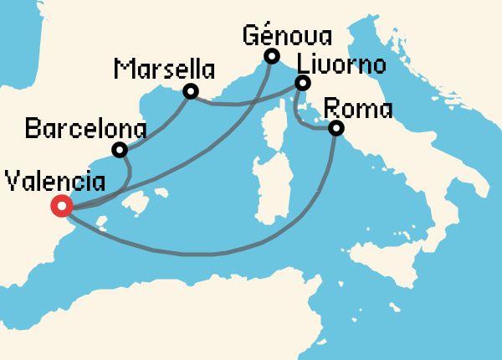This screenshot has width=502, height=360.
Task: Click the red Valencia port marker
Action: pyautogui.click(x=61, y=206)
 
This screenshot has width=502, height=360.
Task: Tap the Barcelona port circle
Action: pyautogui.click(x=120, y=151)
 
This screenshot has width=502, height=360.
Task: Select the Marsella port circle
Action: pyautogui.click(x=191, y=91)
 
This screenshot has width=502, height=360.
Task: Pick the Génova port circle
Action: pyautogui.click(x=271, y=57)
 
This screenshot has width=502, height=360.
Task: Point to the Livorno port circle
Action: pyautogui.click(x=303, y=83)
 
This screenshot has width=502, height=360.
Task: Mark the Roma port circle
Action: pyautogui.click(x=336, y=128)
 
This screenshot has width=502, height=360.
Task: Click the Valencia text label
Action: pyautogui.click(x=55, y=182)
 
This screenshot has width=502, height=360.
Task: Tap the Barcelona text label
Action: pyautogui.click(x=86, y=130)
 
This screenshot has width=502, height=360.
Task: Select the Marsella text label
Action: pyautogui.click(x=164, y=67)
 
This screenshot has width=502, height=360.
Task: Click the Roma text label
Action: pyautogui.click(x=357, y=108)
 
